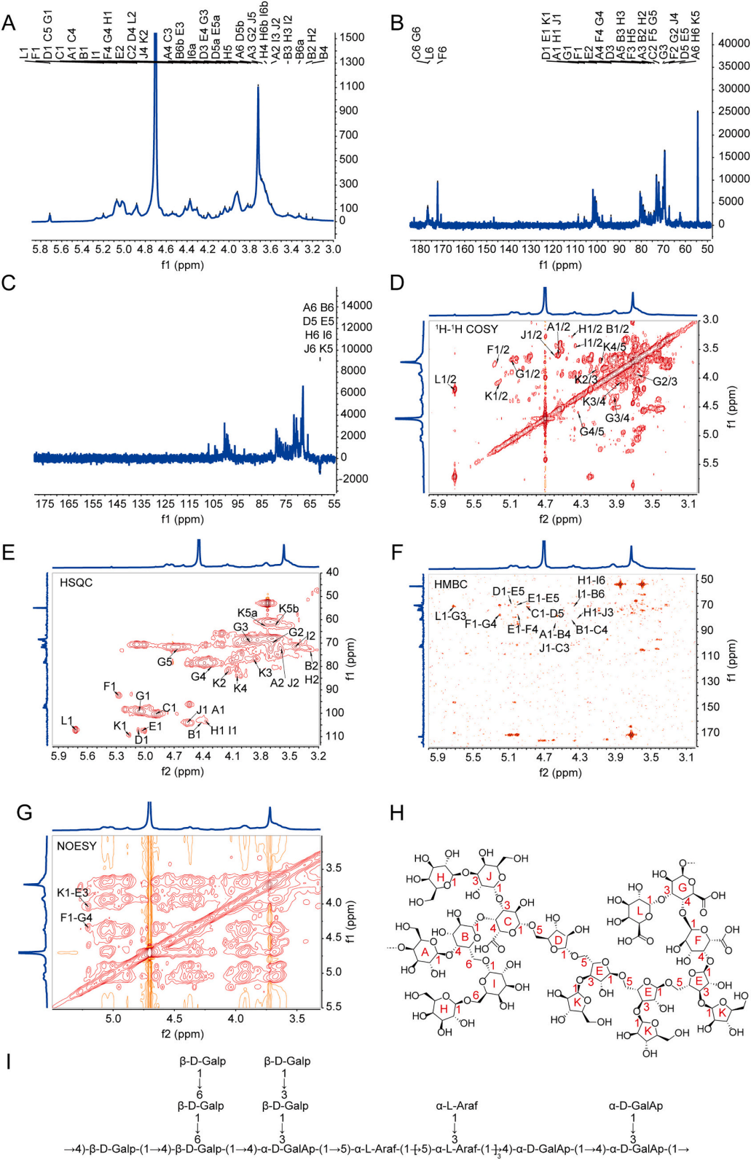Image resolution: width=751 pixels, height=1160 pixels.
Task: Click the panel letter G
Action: (24, 812)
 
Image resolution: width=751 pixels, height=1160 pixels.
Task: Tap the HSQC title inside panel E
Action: (76, 583)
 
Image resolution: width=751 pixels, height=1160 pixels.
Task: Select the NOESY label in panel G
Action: (76, 846)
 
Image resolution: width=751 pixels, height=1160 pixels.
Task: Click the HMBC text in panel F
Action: (451, 584)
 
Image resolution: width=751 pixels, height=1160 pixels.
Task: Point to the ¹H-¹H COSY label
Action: (466, 329)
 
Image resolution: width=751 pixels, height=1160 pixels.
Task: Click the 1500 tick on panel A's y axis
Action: (353, 37)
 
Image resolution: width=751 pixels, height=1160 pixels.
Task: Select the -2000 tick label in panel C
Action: (355, 479)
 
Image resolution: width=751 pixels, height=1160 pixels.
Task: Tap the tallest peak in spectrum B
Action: (698, 112)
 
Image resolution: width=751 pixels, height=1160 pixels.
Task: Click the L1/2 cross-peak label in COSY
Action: (445, 380)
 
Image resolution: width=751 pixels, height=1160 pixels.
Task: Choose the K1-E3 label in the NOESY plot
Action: (73, 893)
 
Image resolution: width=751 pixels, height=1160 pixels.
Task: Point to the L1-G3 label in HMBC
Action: (450, 616)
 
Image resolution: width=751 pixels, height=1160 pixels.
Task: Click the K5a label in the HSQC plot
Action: (248, 613)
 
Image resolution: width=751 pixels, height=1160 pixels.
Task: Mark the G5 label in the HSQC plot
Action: (165, 662)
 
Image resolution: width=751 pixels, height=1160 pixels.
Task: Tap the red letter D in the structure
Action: (559, 940)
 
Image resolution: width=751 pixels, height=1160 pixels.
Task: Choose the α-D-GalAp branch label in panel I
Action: (636, 1105)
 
